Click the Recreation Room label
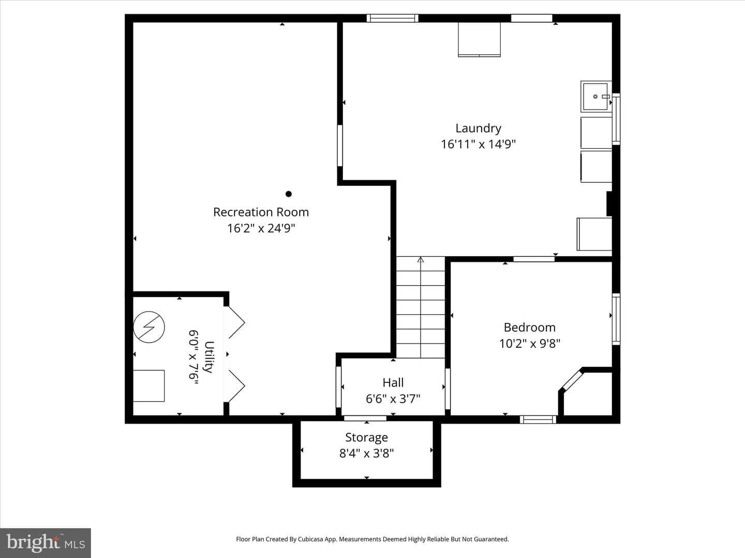[x=261, y=212]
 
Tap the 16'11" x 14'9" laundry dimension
[x=478, y=144]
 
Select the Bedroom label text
[x=529, y=327]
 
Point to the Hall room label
[x=393, y=382]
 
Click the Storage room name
[x=367, y=438]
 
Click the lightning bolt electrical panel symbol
[x=149, y=327]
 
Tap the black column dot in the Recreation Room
[x=289, y=194]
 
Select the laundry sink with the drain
[x=597, y=97]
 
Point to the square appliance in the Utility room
[x=148, y=386]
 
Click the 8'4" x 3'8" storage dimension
[x=367, y=453]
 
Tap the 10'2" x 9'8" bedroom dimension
[x=529, y=344]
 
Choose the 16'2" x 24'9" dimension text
[x=261, y=228]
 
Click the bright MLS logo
[x=46, y=542]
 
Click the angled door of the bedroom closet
[x=572, y=380]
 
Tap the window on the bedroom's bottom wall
[x=538, y=420]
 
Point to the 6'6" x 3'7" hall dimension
[x=393, y=399]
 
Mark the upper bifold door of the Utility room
[x=236, y=322]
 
